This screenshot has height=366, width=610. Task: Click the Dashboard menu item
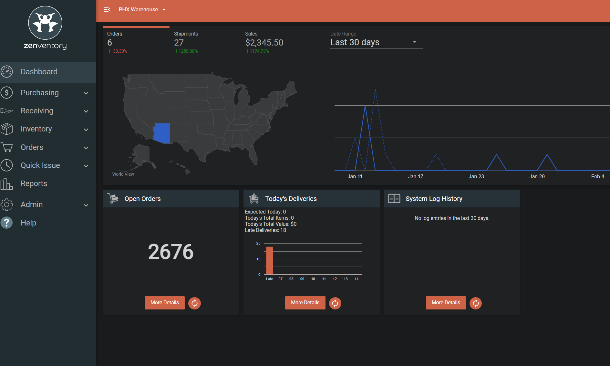pos(39,72)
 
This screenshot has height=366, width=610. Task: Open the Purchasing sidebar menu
pos(40,93)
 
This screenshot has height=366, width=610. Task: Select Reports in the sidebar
pos(34,183)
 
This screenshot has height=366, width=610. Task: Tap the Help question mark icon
pos(6,223)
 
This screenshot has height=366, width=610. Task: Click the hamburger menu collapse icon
pos(107,10)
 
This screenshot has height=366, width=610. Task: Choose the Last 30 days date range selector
pos(376,42)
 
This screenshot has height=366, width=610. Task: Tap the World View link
pos(123,174)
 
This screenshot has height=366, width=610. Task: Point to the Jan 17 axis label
pos(416,176)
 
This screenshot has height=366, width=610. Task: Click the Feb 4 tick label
pos(597,176)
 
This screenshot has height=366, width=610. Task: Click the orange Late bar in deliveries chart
pos(270,260)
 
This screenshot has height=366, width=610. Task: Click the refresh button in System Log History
pos(475,303)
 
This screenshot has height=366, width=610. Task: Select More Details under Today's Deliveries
pos(305,303)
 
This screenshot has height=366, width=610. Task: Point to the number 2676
pos(171,252)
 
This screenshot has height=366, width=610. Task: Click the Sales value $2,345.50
pos(264,43)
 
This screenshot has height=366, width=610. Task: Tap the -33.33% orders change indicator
pos(118,51)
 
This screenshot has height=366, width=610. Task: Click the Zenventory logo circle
pos(45,23)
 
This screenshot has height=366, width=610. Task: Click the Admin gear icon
pos(6,204)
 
